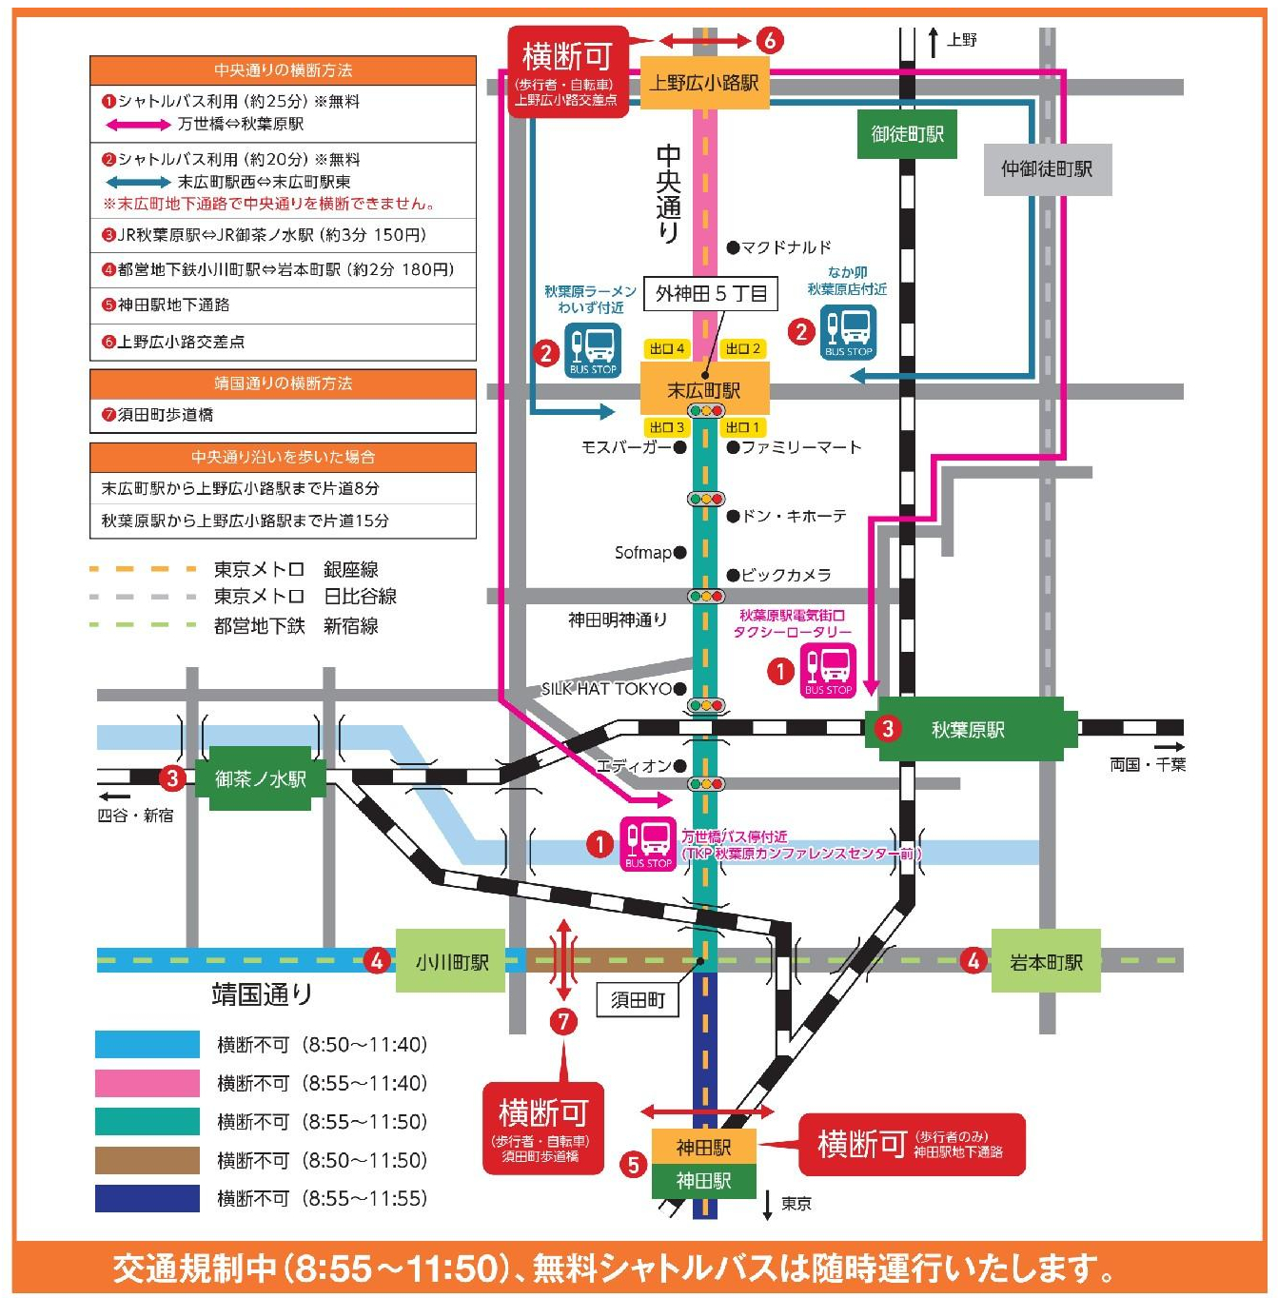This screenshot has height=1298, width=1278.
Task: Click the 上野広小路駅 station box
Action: [704, 83]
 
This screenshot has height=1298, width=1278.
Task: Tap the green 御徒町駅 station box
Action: [907, 134]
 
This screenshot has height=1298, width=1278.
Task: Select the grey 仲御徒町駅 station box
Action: [1047, 169]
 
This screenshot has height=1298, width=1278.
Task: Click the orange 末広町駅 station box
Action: [704, 390]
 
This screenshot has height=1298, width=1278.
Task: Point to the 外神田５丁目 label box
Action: [711, 294]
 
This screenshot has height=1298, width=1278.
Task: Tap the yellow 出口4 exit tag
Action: [666, 349]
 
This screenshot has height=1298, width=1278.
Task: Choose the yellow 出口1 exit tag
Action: [743, 427]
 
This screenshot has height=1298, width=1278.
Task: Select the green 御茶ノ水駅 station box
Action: [260, 779]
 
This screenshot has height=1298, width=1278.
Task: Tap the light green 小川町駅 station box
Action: [451, 962]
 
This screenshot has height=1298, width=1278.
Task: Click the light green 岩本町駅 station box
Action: [1046, 962]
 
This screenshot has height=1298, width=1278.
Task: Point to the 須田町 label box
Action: [638, 999]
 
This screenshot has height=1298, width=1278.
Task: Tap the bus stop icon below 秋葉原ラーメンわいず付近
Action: [593, 349]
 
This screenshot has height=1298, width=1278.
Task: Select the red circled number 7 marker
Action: [563, 1021]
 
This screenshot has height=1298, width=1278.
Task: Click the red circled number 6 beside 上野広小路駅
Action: [770, 40]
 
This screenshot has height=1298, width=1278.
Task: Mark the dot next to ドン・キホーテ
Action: [733, 517]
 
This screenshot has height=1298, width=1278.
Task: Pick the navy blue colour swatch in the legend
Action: [147, 1198]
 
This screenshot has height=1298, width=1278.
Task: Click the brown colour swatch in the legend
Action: [147, 1160]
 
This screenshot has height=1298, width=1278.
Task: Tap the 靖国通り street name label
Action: [262, 994]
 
